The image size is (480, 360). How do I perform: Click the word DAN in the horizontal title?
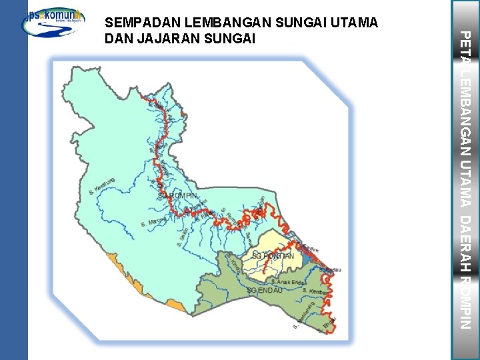[119, 39]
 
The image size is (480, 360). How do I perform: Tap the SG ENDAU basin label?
[265, 291]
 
